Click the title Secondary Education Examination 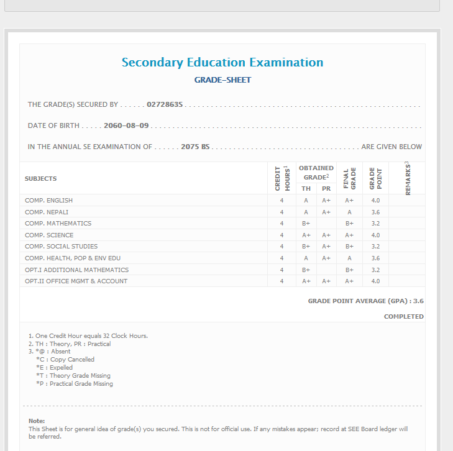(222, 63)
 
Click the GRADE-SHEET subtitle (222, 80)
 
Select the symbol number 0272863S (165, 104)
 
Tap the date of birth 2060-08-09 (126, 125)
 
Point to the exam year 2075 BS (195, 147)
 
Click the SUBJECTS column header (41, 179)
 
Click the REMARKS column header (407, 178)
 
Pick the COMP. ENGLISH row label (49, 201)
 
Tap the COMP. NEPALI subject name (47, 212)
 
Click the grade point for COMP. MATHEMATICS (375, 224)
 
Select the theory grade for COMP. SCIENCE (306, 235)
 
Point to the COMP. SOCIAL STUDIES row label (62, 247)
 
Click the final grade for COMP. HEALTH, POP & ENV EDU (349, 258)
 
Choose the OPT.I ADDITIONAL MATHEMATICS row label (77, 270)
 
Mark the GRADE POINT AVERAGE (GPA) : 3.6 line (365, 301)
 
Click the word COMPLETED (403, 317)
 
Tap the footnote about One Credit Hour (88, 336)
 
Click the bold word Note (37, 421)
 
